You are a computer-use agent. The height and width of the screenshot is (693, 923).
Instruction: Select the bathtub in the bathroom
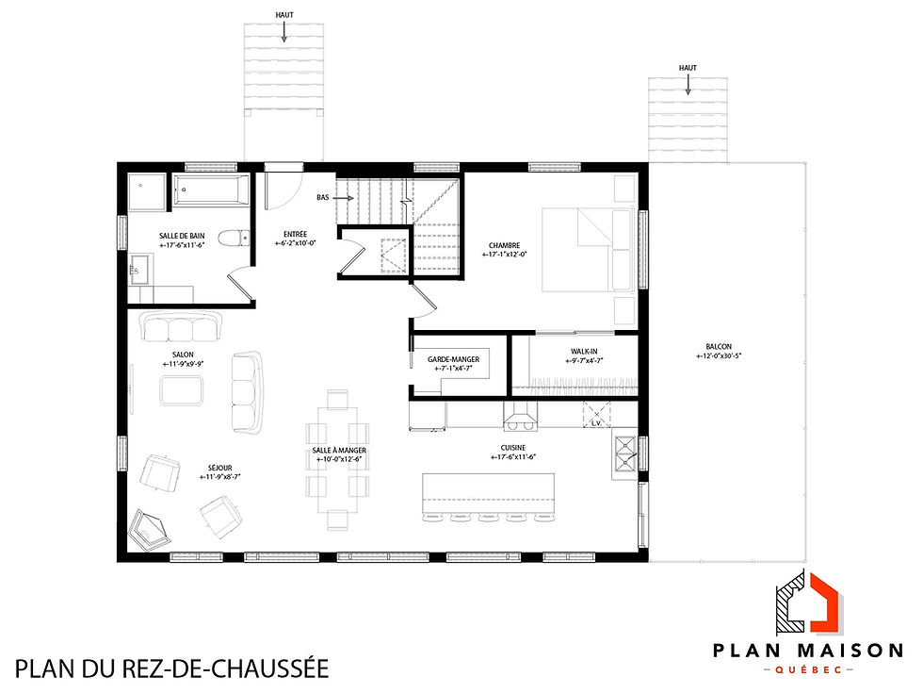point(210,192)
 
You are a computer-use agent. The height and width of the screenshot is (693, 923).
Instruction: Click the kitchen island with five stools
point(488,492)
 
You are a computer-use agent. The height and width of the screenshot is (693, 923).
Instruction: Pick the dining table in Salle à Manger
point(337,458)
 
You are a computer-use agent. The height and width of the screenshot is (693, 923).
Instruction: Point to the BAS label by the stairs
point(324,199)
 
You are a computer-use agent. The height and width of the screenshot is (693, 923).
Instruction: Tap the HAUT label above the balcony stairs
point(687,67)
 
